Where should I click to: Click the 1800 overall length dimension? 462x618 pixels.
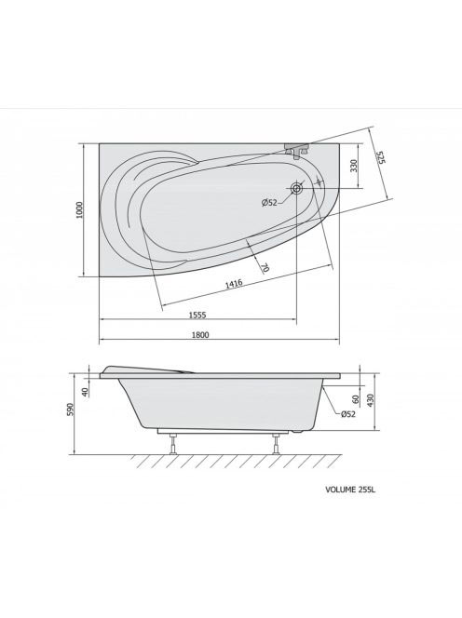(x=200, y=335)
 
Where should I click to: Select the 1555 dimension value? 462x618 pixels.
(x=197, y=315)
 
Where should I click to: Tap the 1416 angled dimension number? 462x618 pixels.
(x=234, y=284)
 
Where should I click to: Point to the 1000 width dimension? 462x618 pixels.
(x=80, y=210)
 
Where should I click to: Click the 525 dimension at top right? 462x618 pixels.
(x=380, y=157)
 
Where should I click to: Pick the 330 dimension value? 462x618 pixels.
(x=353, y=166)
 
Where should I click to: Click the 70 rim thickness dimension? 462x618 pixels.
(x=265, y=268)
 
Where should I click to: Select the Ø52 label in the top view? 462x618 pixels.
(x=269, y=203)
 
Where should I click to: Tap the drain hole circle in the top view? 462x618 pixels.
(x=296, y=188)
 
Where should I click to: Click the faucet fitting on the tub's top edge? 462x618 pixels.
(x=297, y=149)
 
